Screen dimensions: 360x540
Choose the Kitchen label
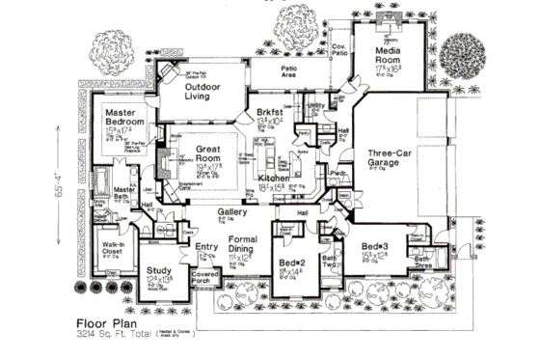point(274,180)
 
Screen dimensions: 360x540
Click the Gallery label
point(235,211)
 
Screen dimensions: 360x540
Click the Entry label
point(206,247)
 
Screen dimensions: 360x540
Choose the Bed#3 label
point(376,247)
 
